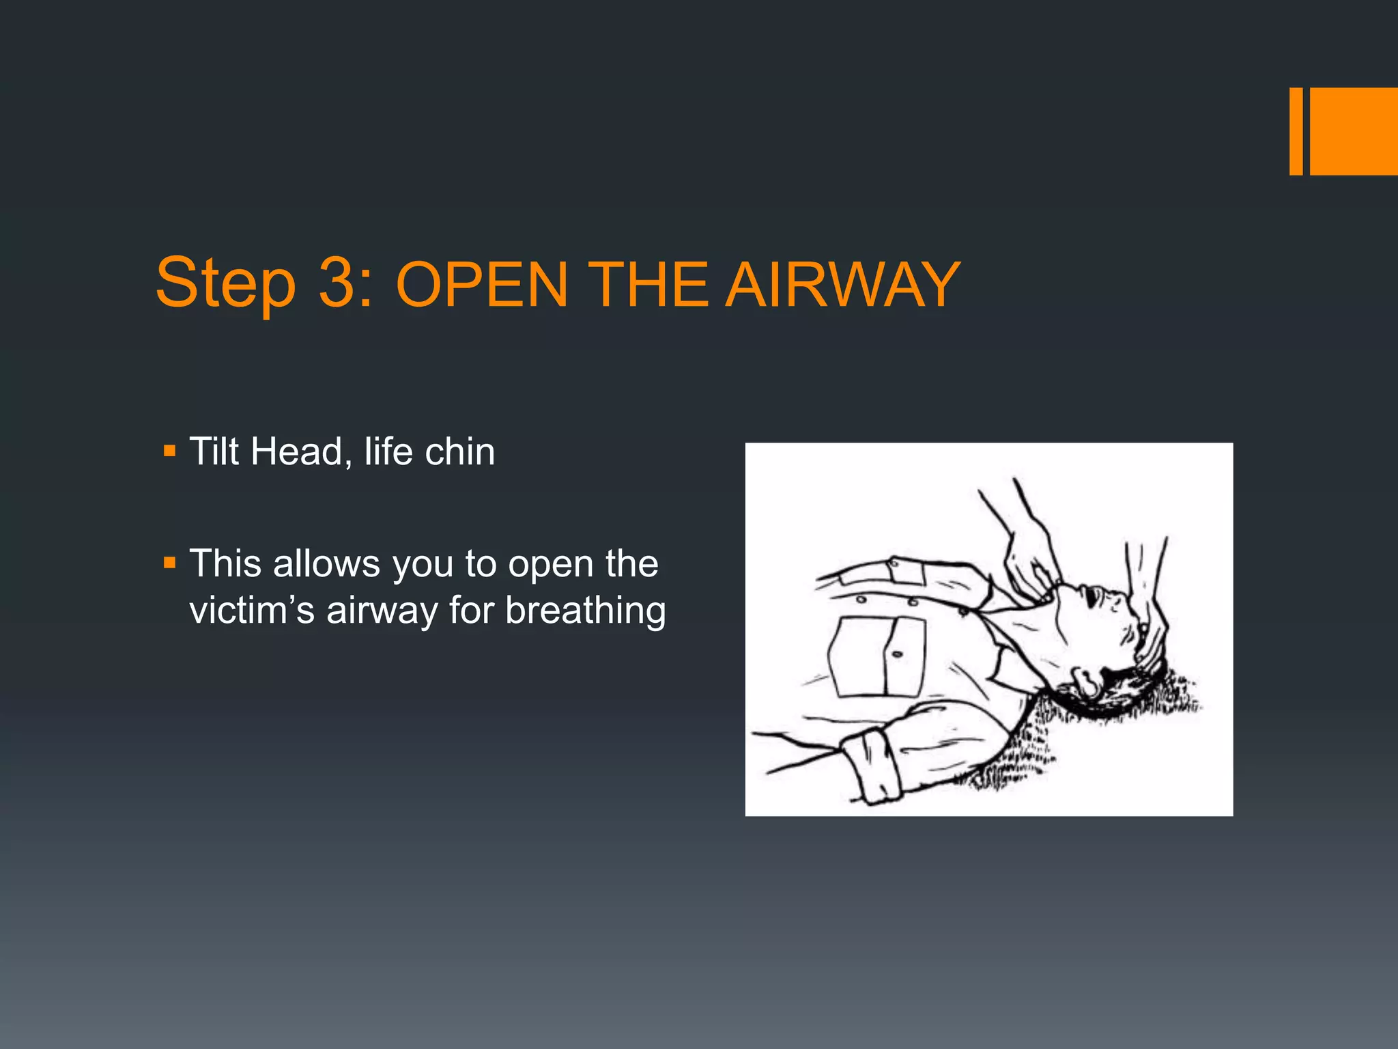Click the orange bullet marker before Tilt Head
click(x=170, y=451)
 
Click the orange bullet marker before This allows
click(x=170, y=563)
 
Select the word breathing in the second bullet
click(x=585, y=611)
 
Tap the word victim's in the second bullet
click(x=252, y=610)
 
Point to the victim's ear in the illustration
click(x=1087, y=680)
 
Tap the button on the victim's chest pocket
click(x=898, y=654)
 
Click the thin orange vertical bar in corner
click(x=1296, y=131)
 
